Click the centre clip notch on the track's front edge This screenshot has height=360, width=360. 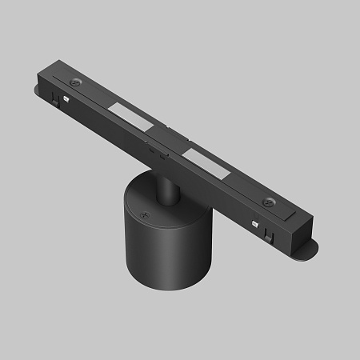pos(152,146)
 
